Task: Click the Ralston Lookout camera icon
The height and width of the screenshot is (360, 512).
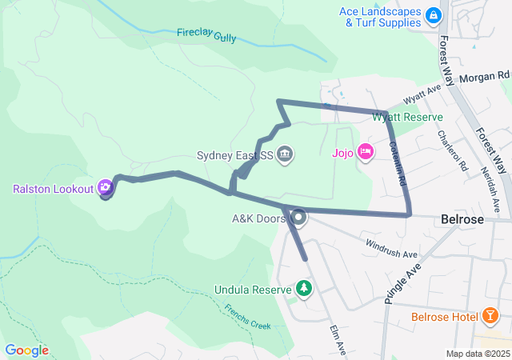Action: [x=105, y=188]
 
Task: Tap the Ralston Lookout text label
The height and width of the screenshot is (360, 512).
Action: [x=54, y=189]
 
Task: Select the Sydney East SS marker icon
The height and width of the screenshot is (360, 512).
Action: [x=285, y=154]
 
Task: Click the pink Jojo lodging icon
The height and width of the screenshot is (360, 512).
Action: [x=365, y=151]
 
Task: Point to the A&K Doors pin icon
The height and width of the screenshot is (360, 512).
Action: [x=299, y=217]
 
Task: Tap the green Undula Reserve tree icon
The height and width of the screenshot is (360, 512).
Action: [x=303, y=287]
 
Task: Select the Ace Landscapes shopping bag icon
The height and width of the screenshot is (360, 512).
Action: [x=433, y=15]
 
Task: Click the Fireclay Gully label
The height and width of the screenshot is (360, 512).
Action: [x=207, y=34]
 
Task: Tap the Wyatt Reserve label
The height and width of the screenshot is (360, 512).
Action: [x=407, y=117]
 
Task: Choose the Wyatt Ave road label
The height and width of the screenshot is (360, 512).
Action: [x=422, y=94]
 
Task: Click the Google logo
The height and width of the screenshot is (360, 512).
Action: [x=26, y=350]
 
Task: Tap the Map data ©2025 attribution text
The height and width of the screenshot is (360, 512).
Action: [x=478, y=354]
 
